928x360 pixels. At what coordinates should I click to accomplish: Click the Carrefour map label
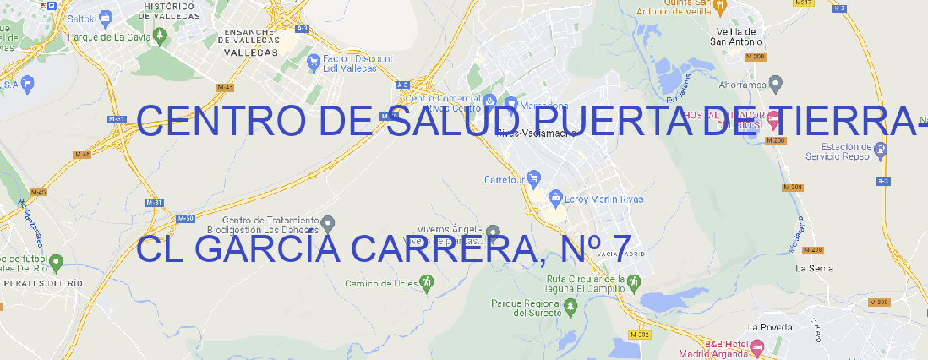(505, 179)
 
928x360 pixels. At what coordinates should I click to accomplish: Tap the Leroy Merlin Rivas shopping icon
(555, 199)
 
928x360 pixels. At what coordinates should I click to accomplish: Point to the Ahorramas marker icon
(777, 83)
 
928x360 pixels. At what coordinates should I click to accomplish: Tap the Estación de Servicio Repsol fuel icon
(882, 150)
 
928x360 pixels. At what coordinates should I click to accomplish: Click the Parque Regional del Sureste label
(525, 307)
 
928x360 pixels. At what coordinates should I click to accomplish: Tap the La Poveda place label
(770, 327)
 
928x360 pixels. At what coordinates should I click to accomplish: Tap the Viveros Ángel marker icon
(494, 231)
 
